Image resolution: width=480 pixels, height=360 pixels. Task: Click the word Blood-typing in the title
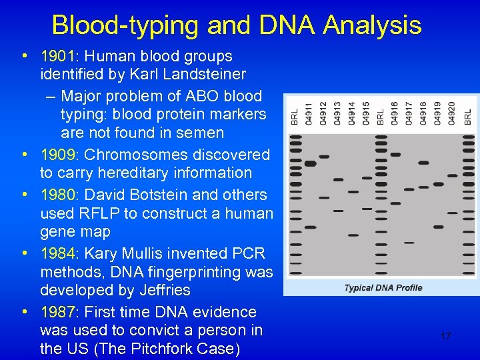[125, 25]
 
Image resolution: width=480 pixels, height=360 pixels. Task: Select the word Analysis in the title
[372, 25]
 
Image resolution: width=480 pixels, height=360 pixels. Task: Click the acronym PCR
[249, 253]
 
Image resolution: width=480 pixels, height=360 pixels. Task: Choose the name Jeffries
[155, 291]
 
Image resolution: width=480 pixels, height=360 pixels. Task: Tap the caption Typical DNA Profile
[383, 288]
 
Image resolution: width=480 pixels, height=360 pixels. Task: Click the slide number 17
[445, 336]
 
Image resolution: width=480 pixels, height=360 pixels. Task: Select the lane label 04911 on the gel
[309, 112]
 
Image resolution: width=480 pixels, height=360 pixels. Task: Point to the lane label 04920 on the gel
[453, 112]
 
